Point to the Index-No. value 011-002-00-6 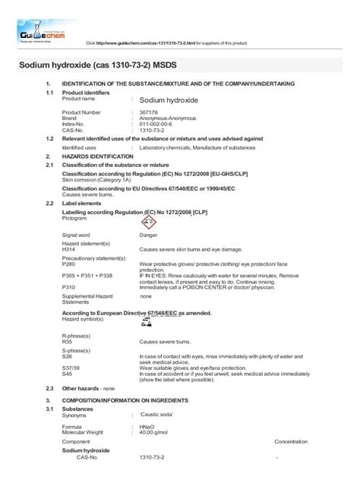tap(156, 124)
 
